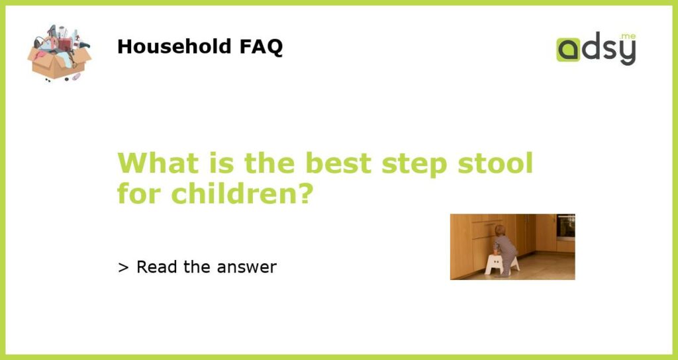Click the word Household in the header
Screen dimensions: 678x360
click(x=175, y=46)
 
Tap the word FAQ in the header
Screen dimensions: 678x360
click(x=261, y=47)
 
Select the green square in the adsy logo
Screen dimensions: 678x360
click(x=567, y=50)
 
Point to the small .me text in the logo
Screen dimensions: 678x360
click(x=628, y=36)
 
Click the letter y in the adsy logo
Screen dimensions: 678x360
click(x=628, y=53)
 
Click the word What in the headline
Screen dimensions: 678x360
click(x=158, y=163)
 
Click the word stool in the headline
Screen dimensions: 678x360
click(x=495, y=163)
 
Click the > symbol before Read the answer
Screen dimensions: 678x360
click(x=123, y=267)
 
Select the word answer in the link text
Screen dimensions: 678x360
click(x=247, y=268)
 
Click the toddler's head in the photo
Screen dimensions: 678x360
click(x=500, y=230)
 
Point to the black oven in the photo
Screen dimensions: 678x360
click(x=565, y=226)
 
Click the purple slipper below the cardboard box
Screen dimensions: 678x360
click(x=77, y=77)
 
